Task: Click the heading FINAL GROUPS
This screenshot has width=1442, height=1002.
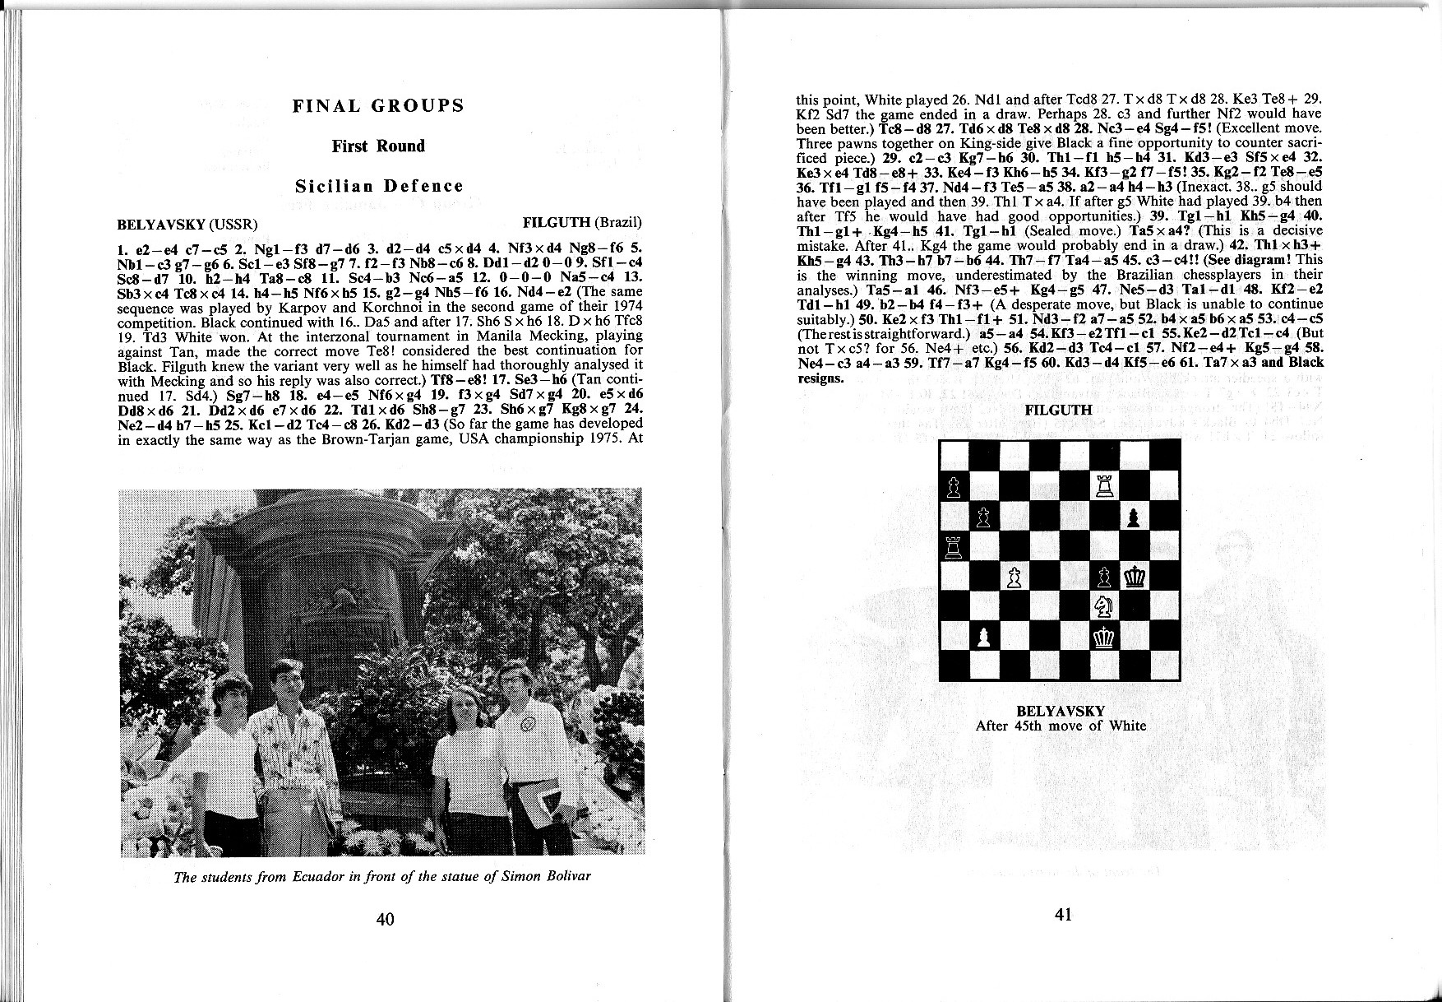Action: [x=378, y=106]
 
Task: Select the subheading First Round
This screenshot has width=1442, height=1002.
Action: [x=378, y=146]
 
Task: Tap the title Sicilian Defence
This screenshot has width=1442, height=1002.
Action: [x=379, y=187]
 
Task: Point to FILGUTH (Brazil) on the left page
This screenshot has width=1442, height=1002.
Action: [x=581, y=224]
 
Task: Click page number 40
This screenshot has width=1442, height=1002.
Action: [x=385, y=919]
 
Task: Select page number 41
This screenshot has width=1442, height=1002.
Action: [x=1063, y=915]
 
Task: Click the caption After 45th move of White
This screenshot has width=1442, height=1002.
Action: [x=1060, y=726]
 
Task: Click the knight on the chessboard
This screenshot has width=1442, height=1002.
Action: [x=1104, y=606]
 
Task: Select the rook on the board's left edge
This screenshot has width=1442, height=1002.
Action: [x=954, y=545]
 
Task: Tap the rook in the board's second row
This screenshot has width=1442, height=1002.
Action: [x=1104, y=486]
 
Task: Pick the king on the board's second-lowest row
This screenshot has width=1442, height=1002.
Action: [x=1104, y=636]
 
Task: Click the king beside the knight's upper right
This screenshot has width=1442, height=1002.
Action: [x=1135, y=577]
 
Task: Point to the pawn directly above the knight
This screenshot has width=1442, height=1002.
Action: [x=1104, y=577]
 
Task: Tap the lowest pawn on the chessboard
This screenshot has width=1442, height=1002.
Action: [x=984, y=636]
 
